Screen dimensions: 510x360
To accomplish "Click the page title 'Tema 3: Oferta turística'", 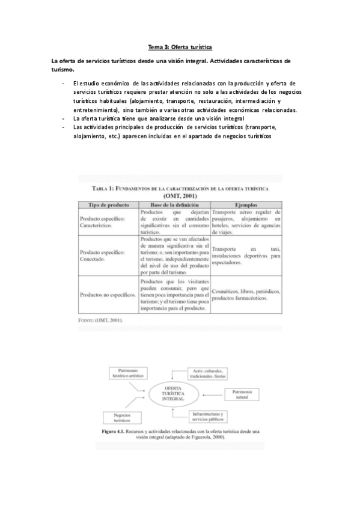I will (x=180, y=46).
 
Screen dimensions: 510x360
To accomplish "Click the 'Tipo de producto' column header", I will (x=109, y=204).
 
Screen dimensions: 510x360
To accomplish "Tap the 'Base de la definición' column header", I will (x=174, y=204).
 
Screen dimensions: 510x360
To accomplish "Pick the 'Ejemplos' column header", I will (x=245, y=204).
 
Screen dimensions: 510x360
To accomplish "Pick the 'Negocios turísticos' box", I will (x=121, y=417).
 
